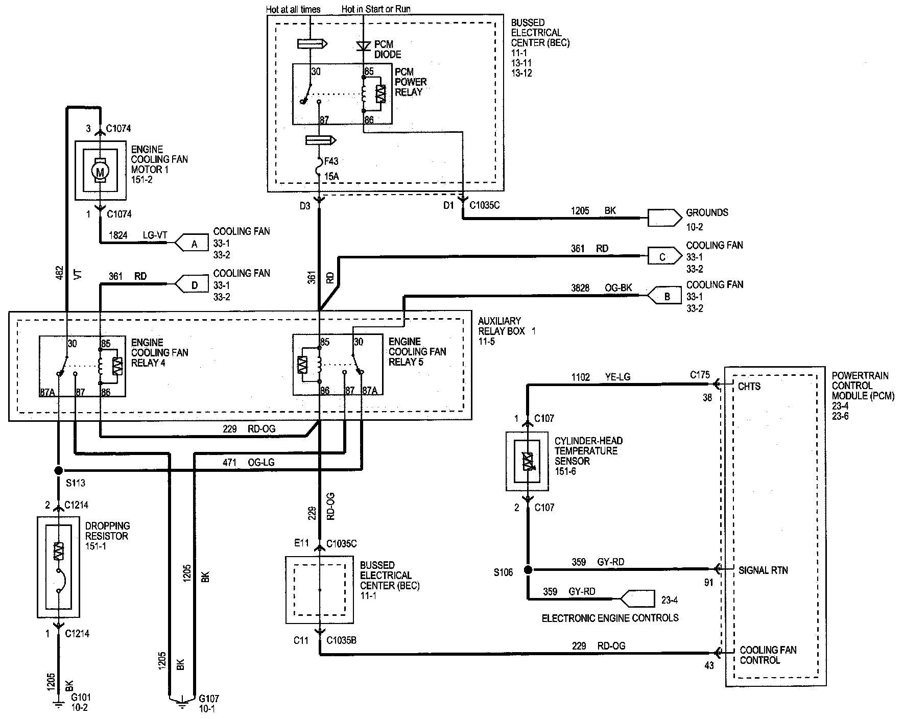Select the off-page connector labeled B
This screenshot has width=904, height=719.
click(x=664, y=296)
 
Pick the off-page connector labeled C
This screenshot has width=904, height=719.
click(x=664, y=256)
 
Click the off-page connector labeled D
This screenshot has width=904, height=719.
click(x=192, y=285)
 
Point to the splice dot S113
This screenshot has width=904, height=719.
click(x=59, y=470)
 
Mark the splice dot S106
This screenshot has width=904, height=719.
click(x=528, y=569)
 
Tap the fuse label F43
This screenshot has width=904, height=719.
click(x=331, y=161)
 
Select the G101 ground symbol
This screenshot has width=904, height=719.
click(x=59, y=705)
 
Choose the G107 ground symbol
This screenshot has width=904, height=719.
click(x=181, y=703)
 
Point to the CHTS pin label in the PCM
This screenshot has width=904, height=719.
click(x=749, y=387)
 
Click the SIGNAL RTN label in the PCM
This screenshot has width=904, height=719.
click(x=763, y=570)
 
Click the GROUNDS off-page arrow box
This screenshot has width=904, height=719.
click(x=664, y=218)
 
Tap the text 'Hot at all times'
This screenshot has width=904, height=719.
click(x=293, y=9)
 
